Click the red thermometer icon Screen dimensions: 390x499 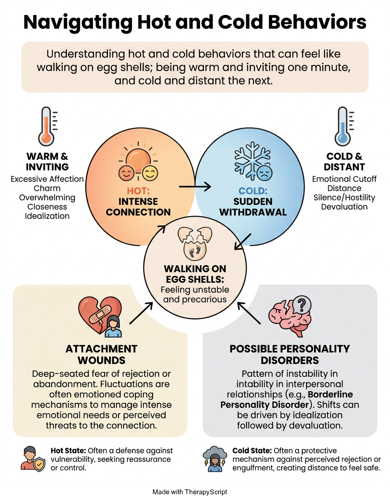coord(47,126)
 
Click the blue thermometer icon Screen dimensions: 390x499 coord(344,126)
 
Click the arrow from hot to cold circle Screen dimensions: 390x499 coord(195,186)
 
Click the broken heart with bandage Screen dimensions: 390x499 coord(100,315)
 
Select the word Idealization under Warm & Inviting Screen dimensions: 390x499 coord(47,216)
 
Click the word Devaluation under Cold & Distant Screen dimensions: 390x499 coord(344,207)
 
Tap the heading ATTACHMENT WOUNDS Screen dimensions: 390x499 coord(101,355)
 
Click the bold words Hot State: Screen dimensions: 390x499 coord(68,451)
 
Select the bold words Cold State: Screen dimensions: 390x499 coord(252,451)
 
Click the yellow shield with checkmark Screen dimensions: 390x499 coord(39,465)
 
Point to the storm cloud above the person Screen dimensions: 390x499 coord(215,453)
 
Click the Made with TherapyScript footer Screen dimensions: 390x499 coord(190,492)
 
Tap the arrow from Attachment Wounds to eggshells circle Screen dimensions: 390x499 coord(141,313)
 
